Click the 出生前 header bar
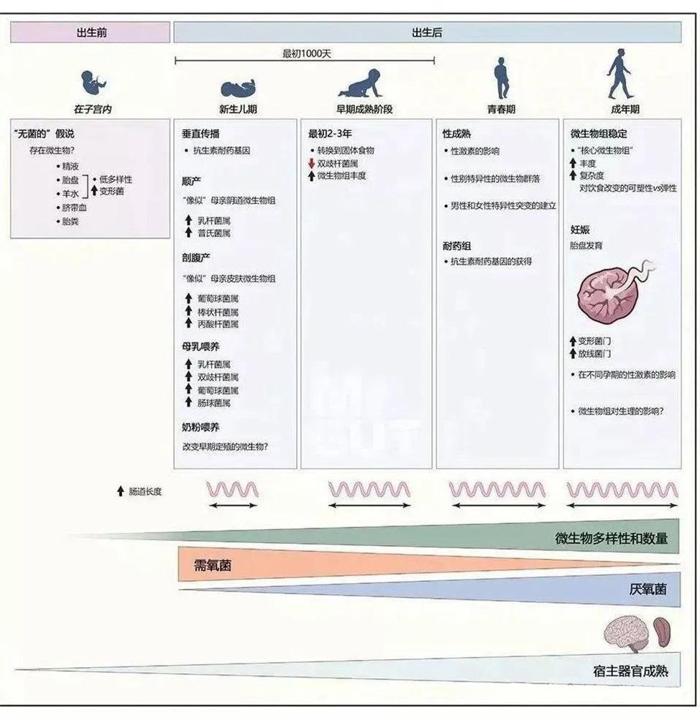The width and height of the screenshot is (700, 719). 91,32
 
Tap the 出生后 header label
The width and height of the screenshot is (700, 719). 427,32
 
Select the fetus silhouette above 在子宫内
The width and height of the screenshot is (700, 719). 93,82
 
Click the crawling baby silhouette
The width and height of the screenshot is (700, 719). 360,83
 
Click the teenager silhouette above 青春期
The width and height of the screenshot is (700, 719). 502,78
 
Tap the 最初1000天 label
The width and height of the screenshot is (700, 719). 306,54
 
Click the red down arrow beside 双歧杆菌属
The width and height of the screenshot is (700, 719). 311,163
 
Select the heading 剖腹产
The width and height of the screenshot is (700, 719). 196,258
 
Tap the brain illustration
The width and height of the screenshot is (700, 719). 626,634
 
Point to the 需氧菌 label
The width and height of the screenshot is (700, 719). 213,565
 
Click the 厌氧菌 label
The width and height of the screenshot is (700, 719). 648,589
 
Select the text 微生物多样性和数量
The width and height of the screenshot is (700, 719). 611,538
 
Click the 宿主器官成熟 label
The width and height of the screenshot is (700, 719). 630,672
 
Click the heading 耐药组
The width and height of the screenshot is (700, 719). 456,246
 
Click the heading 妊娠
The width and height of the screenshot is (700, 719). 580,230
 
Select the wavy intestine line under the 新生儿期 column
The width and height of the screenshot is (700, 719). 233,490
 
